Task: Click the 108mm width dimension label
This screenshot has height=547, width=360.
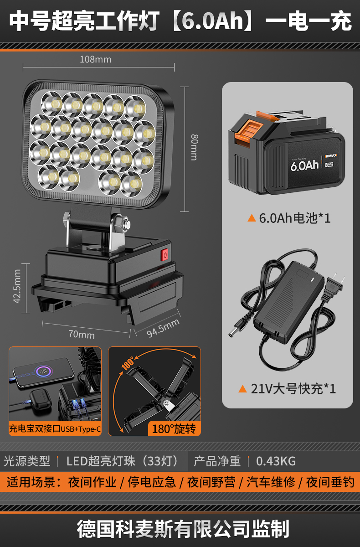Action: click(x=95, y=59)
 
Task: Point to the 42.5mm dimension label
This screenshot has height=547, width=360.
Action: click(x=17, y=286)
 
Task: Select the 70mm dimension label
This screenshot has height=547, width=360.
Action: click(x=81, y=335)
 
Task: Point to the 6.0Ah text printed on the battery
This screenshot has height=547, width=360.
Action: click(x=304, y=164)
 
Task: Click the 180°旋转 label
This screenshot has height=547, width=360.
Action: click(x=173, y=429)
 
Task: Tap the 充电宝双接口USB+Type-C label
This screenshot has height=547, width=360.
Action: click(x=55, y=429)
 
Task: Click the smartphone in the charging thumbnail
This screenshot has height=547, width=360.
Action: click(x=43, y=371)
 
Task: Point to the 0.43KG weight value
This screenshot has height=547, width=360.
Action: click(x=276, y=461)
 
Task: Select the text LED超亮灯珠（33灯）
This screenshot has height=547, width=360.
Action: click(x=122, y=461)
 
